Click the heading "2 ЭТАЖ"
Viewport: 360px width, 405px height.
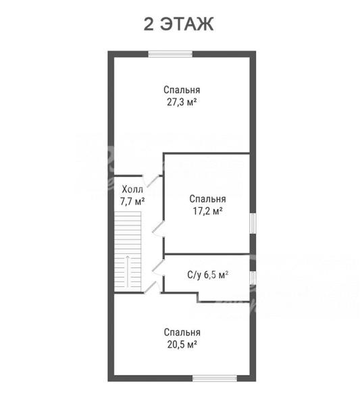pyautogui.click(x=178, y=24)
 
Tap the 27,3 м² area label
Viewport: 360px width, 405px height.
pyautogui.click(x=182, y=103)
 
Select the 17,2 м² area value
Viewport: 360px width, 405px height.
pyautogui.click(x=208, y=211)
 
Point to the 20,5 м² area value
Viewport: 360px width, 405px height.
pyautogui.click(x=182, y=344)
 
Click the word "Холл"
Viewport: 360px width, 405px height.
pyautogui.click(x=132, y=190)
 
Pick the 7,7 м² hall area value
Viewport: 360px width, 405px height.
pyautogui.click(x=132, y=201)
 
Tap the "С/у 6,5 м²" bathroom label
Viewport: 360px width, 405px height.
pyautogui.click(x=207, y=275)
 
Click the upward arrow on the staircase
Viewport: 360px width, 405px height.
pyautogui.click(x=128, y=271)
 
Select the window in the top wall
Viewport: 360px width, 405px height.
pyautogui.click(x=170, y=54)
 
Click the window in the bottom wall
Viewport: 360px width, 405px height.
pyautogui.click(x=215, y=379)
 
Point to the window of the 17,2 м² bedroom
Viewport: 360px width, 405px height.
pyautogui.click(x=253, y=223)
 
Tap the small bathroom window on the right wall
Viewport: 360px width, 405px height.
pyautogui.click(x=253, y=278)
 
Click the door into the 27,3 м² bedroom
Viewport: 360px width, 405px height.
pyautogui.click(x=153, y=180)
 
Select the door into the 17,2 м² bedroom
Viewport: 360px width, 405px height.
pyautogui.click(x=158, y=229)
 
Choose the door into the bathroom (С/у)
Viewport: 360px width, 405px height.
pyautogui.click(x=158, y=268)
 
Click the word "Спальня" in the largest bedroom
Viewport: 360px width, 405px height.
pyautogui.click(x=182, y=90)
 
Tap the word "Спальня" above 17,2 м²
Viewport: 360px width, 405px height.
pyautogui.click(x=207, y=199)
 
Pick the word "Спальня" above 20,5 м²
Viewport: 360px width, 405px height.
pyautogui.click(x=182, y=332)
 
